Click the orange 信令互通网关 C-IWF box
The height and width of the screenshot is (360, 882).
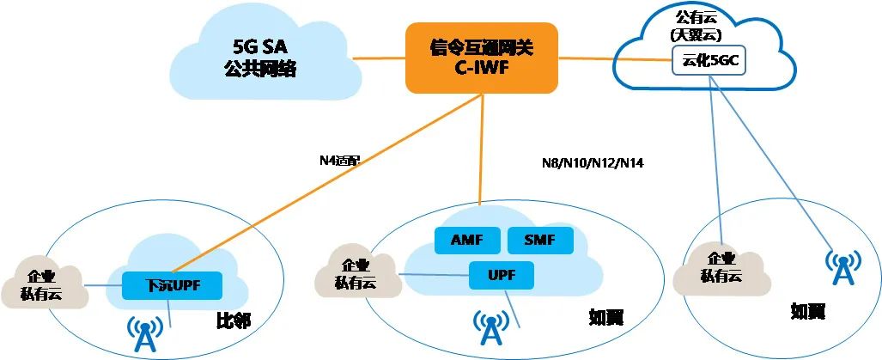pos(480,56)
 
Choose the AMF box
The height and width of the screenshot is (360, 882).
pos(468,241)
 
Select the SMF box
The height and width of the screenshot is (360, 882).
pos(540,241)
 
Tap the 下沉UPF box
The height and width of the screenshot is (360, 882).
pos(173,284)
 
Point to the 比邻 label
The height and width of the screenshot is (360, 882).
pos(232,322)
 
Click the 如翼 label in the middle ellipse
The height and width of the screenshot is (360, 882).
pos(605,318)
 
